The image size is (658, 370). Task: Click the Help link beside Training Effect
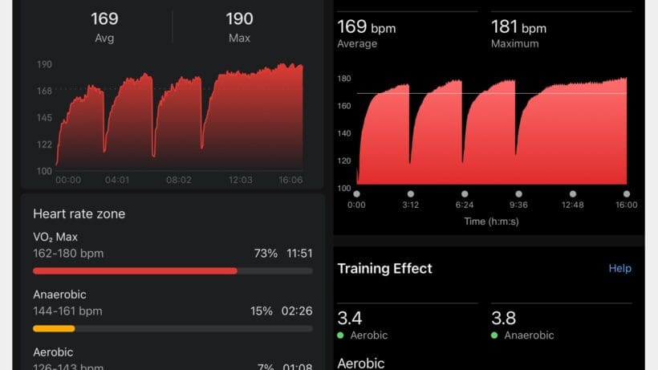(x=619, y=268)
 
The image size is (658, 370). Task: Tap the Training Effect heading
(x=384, y=268)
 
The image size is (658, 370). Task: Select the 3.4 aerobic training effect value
(x=349, y=318)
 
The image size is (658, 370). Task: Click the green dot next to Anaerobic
(x=494, y=335)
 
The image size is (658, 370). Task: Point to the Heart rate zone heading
(x=79, y=213)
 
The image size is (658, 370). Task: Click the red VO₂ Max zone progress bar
(x=135, y=271)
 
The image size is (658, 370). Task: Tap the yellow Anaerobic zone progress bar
(x=54, y=328)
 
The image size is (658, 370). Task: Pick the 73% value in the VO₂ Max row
(x=266, y=254)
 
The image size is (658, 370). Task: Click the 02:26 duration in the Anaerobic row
(x=296, y=311)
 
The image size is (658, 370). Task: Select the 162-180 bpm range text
(x=68, y=254)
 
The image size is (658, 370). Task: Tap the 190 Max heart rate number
(x=239, y=19)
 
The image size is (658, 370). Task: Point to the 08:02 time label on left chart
(x=178, y=180)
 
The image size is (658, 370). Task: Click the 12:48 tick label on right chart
(x=572, y=205)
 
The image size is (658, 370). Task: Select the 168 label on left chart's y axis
(x=44, y=91)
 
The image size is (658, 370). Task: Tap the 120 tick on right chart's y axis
(x=344, y=161)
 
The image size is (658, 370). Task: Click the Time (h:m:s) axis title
(x=491, y=221)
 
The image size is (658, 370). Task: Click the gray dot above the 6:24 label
(x=465, y=193)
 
